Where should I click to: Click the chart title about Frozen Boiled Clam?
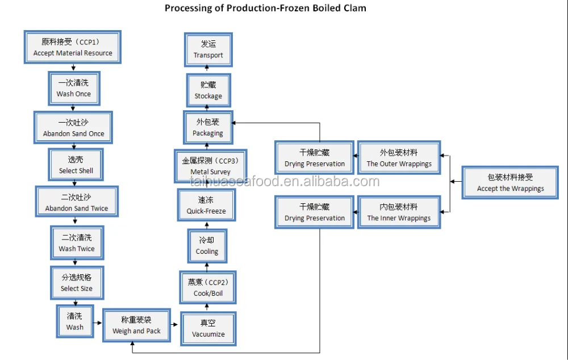click(x=265, y=8)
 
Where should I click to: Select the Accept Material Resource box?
click(x=73, y=47)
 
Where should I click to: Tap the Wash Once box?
click(x=73, y=88)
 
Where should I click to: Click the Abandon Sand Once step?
click(x=74, y=128)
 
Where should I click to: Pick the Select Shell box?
click(x=76, y=165)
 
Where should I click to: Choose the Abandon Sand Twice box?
click(x=76, y=202)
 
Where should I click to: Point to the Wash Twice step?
click(x=77, y=242)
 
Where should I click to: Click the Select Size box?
click(x=77, y=283)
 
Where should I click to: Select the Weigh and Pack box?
click(x=136, y=325)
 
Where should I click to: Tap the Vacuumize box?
click(x=208, y=329)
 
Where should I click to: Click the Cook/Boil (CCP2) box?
click(x=208, y=288)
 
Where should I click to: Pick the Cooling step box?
click(x=207, y=246)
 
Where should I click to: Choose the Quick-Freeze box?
click(x=206, y=206)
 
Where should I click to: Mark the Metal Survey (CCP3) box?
click(x=211, y=166)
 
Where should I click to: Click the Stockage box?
click(x=208, y=90)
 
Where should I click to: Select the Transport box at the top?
click(x=208, y=49)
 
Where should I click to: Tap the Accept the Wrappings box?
click(x=510, y=182)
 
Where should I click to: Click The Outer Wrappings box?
click(x=399, y=158)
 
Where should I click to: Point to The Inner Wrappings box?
click(x=399, y=212)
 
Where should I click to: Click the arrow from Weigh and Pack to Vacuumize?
click(x=175, y=325)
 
